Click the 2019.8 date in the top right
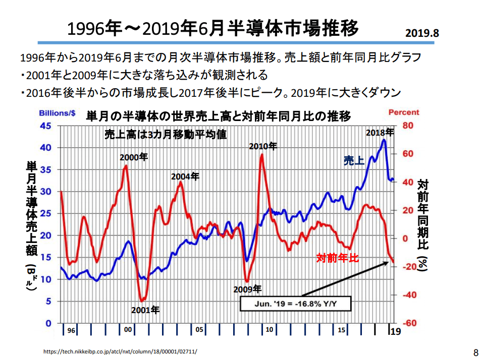tap(422, 33)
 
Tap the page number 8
tap(475, 351)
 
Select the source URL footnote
tap(121, 351)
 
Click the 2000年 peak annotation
tap(134, 157)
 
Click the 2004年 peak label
tap(185, 176)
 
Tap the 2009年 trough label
tap(247, 289)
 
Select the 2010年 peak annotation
tap(263, 146)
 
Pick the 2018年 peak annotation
tap(380, 133)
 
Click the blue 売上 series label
tap(354, 161)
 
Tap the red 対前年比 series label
tap(338, 258)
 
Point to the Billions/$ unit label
tap(58, 112)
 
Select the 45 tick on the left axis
tap(45, 126)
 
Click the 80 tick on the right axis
tap(408, 126)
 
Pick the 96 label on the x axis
tap(71, 330)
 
